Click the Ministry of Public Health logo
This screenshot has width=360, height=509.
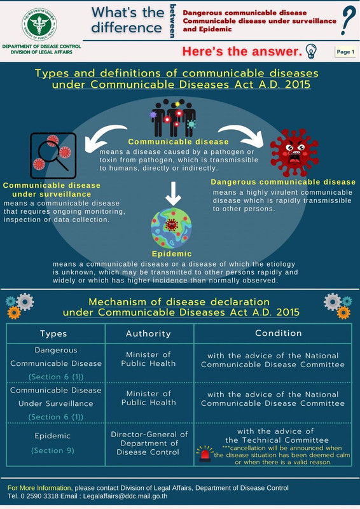tap(39, 24)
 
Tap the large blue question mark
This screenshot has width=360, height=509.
tap(348, 20)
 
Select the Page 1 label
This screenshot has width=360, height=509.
tap(345, 52)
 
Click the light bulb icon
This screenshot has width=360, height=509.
tap(311, 52)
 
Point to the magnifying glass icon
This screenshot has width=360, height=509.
tap(53, 155)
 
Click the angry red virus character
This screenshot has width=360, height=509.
tap(294, 153)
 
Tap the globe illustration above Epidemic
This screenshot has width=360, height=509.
tap(171, 228)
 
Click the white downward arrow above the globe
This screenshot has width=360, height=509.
tap(173, 194)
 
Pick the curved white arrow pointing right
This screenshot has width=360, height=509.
tap(242, 135)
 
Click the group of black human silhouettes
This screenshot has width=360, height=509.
tap(174, 118)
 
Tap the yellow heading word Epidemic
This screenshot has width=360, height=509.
tap(172, 254)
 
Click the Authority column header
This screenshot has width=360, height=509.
tap(148, 333)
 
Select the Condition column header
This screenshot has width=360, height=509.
tap(278, 333)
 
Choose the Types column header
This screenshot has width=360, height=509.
tap(53, 333)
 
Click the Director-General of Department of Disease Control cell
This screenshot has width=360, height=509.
tap(149, 443)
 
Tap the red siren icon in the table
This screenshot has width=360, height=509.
tap(205, 454)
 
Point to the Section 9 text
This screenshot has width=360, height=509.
tap(53, 450)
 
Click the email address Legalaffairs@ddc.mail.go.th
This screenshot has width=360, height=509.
tap(125, 496)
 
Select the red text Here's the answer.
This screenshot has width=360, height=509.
tap(242, 52)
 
